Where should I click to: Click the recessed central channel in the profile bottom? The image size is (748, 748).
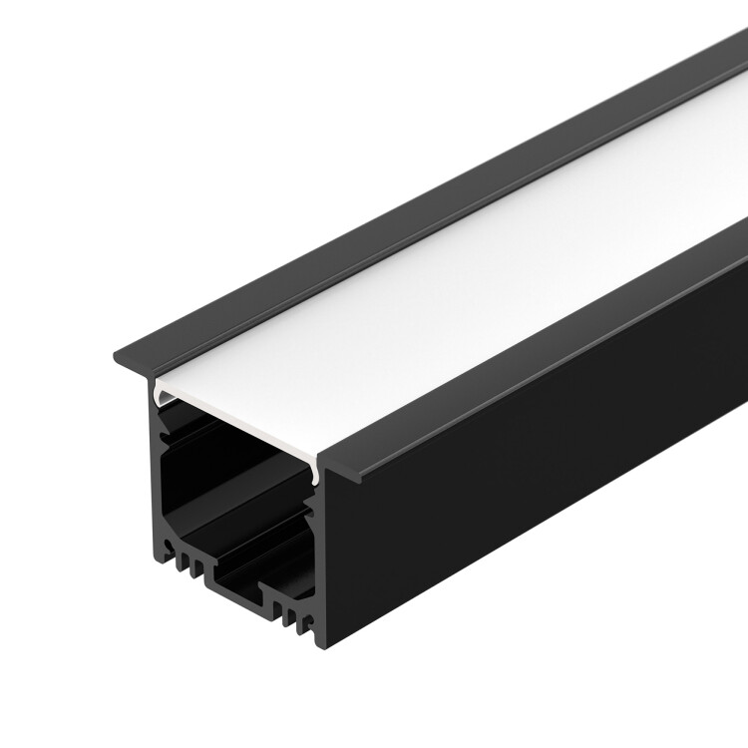point(234,588)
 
